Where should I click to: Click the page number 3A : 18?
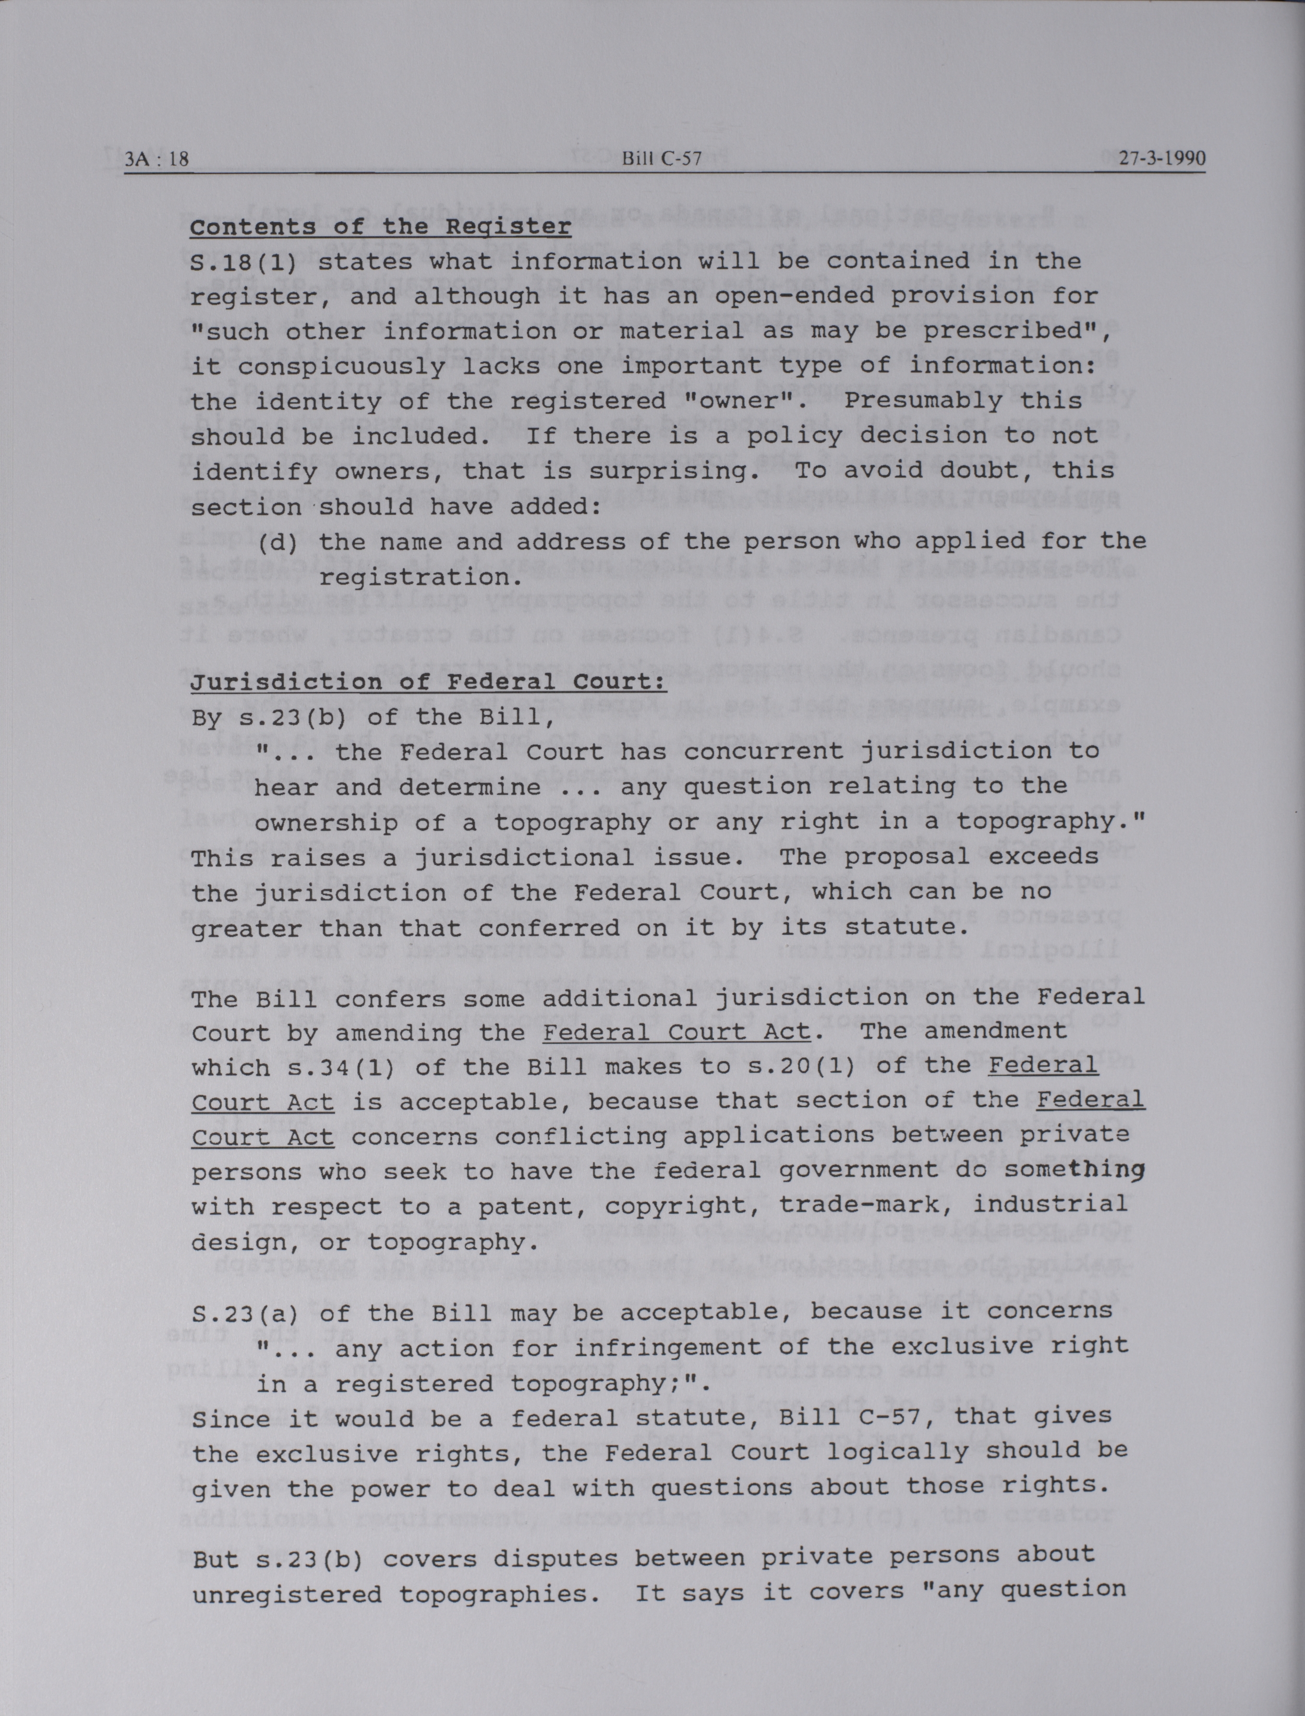tap(156, 159)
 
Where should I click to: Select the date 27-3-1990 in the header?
tap(1162, 159)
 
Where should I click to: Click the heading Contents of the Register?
tap(381, 227)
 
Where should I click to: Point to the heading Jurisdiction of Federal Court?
tap(429, 682)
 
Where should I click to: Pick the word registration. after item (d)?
tap(416, 577)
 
